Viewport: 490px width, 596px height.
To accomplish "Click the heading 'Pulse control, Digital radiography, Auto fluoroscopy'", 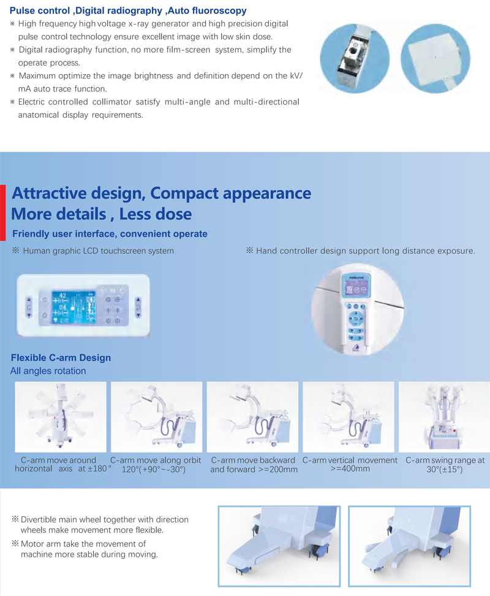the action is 128,10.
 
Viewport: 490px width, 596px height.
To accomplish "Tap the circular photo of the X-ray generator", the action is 355,58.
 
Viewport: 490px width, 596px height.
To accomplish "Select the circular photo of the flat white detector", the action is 435,58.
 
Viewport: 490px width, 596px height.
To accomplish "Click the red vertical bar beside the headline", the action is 2,213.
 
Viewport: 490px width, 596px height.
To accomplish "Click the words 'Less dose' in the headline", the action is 155,214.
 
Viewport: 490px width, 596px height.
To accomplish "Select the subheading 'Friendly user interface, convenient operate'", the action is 110,234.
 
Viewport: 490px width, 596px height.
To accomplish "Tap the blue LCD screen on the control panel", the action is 73,307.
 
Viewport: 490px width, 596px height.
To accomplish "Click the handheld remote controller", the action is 356,311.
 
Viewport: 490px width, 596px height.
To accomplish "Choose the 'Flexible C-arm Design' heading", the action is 61,357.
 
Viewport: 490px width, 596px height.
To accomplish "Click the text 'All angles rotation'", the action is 48,371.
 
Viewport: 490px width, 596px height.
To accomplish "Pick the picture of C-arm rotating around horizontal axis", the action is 61,416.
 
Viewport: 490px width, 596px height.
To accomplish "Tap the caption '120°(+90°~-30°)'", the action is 154,470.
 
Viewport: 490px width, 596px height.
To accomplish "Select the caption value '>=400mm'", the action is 350,468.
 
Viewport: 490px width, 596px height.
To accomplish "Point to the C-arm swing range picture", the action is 445,416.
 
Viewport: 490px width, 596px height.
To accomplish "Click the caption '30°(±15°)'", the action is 445,470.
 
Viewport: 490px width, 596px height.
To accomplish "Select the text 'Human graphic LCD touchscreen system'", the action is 98,251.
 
